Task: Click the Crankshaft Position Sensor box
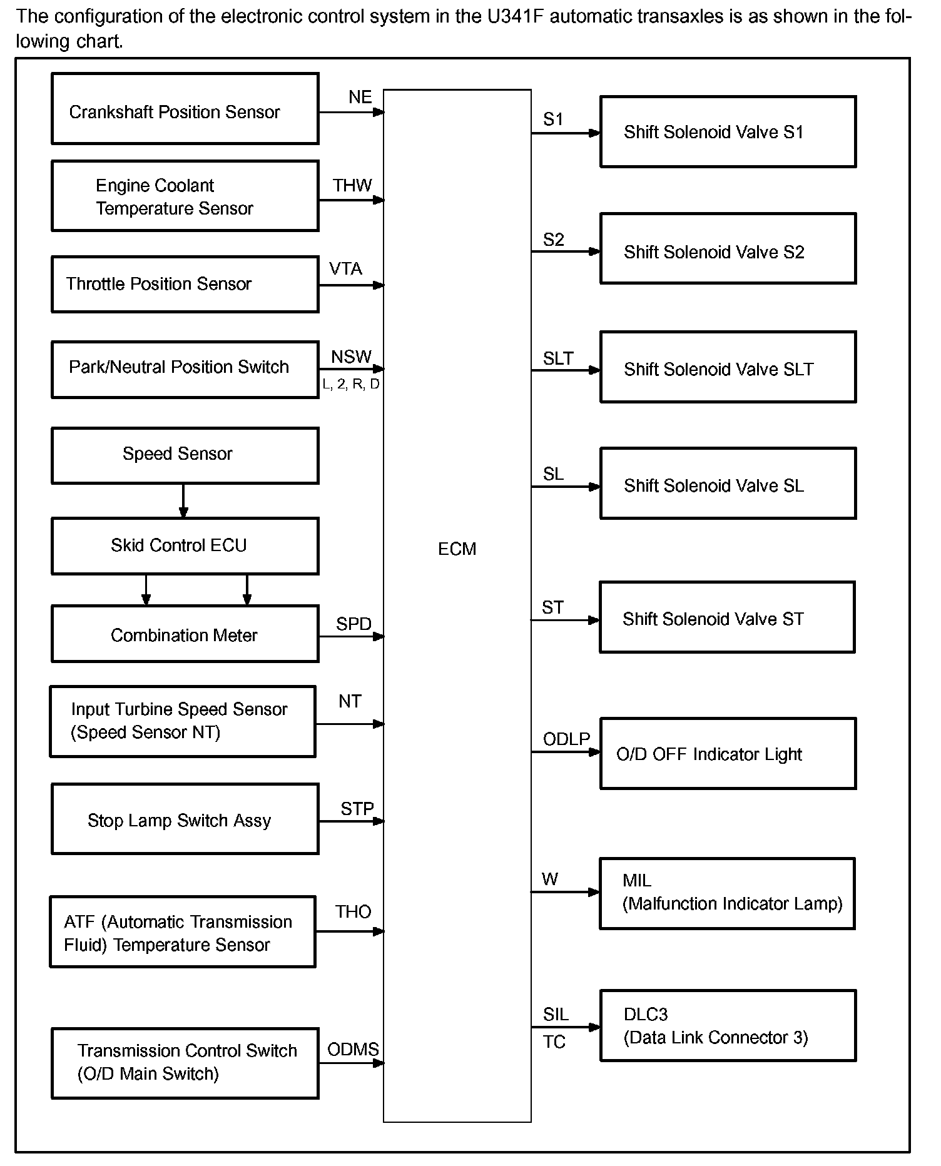[185, 109]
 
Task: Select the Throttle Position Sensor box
[185, 284]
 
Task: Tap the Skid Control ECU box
[185, 545]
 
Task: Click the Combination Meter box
[185, 634]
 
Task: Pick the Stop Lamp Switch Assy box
[185, 819]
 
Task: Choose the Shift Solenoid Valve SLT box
[728, 367]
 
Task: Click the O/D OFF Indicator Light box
[728, 753]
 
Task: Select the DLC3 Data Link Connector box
[728, 1026]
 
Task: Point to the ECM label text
[457, 549]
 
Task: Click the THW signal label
[352, 185]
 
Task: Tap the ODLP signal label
[566, 739]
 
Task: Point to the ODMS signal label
[353, 1049]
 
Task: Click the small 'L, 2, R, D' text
[351, 384]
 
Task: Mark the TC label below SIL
[554, 1042]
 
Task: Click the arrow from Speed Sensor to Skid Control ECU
[183, 500]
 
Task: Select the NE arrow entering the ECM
[351, 113]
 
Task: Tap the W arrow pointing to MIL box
[566, 892]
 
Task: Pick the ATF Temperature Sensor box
[183, 931]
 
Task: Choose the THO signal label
[353, 911]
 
